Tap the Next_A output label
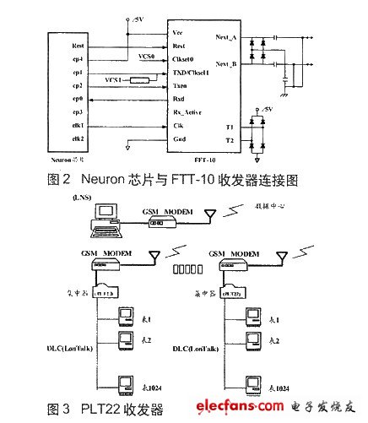(x=230, y=39)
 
